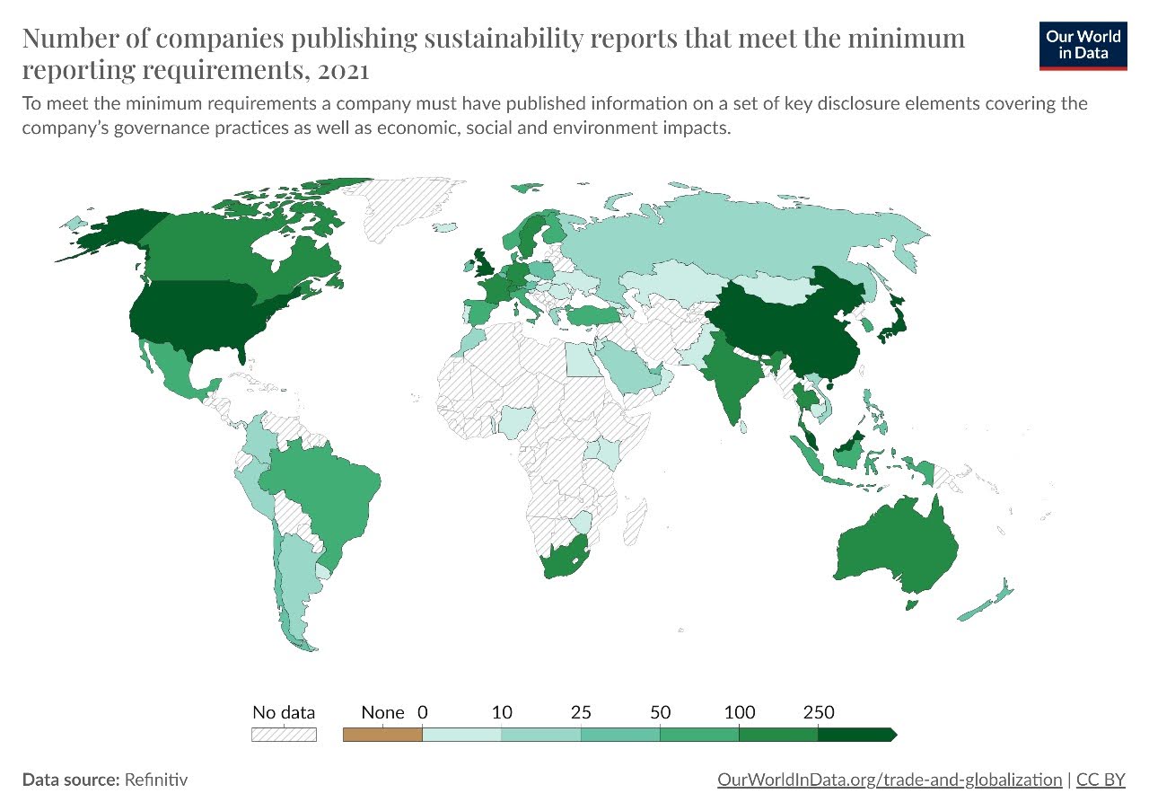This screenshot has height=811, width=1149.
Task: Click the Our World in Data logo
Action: point(1083,45)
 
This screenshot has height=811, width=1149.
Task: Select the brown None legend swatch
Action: point(382,735)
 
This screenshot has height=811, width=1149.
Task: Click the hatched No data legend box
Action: point(284,735)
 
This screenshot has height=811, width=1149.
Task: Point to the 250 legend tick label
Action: point(818,713)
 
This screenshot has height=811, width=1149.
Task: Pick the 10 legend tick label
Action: point(502,713)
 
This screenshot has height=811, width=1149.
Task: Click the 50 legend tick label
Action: point(660,713)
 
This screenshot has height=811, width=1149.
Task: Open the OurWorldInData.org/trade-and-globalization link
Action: point(890,780)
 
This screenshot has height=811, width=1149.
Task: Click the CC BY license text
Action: point(1101,780)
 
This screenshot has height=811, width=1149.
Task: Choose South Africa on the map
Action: point(563,558)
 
